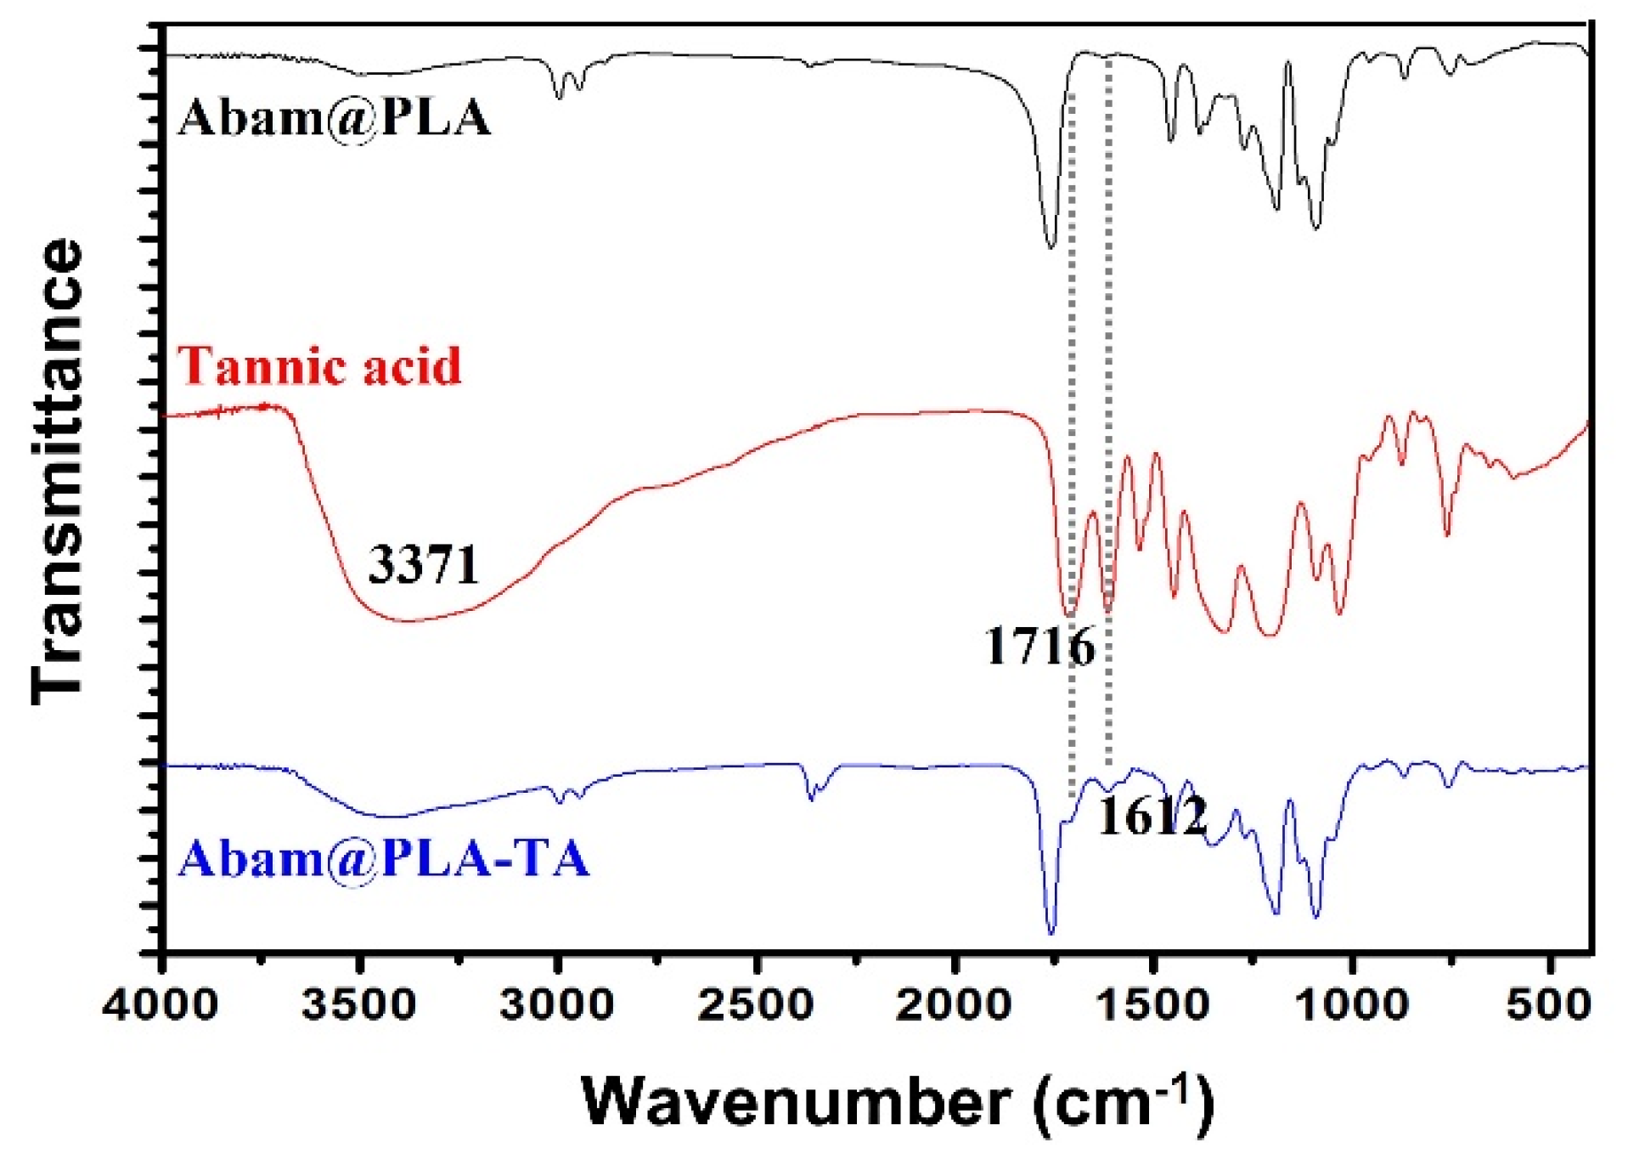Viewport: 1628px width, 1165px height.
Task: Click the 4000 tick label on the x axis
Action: point(161,1006)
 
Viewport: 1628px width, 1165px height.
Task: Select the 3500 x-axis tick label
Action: point(359,1006)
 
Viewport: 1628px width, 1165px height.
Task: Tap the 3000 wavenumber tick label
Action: point(557,1006)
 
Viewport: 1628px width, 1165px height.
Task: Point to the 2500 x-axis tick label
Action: point(756,1006)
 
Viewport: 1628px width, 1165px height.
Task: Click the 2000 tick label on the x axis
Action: point(955,1006)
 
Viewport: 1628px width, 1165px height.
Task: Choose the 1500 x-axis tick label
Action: point(1153,1006)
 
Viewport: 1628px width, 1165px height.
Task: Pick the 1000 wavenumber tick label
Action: point(1351,1006)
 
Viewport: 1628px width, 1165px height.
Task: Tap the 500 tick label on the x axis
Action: point(1548,1006)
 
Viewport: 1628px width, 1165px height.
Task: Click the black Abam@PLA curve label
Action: point(335,117)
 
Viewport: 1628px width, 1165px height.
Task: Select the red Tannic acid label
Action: point(319,366)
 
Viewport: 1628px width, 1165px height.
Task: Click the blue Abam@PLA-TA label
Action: point(383,858)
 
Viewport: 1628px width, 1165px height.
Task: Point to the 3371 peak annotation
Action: point(424,564)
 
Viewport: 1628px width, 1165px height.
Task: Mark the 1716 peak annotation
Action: point(1039,647)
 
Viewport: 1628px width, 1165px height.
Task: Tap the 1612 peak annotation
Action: point(1152,817)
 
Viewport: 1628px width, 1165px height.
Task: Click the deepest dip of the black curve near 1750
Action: point(1051,246)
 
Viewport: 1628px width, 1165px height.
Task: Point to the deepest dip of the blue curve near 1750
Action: point(1051,933)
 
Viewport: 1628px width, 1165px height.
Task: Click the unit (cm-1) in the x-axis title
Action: point(1124,1103)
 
